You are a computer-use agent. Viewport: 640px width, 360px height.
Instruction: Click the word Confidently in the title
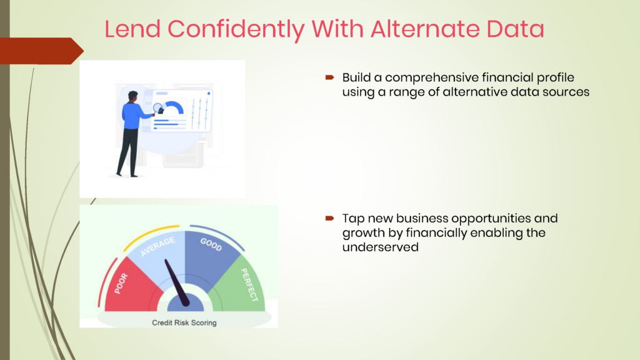coord(236,29)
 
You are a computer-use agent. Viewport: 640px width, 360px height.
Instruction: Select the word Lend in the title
coord(132,29)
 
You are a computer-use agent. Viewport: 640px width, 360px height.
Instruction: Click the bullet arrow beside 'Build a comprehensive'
coord(330,77)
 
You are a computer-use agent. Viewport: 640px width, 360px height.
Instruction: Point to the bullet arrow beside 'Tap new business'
coord(330,218)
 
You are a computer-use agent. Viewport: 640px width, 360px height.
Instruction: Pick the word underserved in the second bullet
coord(381,247)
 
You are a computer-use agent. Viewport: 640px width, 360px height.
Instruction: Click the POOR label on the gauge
coord(121,284)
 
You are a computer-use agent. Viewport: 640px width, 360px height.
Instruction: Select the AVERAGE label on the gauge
coord(157,246)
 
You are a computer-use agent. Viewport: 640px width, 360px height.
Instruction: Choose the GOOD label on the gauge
coord(211,244)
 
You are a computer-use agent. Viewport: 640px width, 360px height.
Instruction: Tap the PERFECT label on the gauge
coord(250,285)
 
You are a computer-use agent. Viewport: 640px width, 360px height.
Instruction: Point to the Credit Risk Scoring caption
coord(184,322)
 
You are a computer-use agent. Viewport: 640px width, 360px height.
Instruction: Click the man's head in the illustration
coord(132,97)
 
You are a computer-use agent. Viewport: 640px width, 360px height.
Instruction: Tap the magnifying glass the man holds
coord(158,109)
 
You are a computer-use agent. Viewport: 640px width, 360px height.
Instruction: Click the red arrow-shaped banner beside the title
coord(41,51)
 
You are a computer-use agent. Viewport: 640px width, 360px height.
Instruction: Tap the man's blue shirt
coord(134,116)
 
